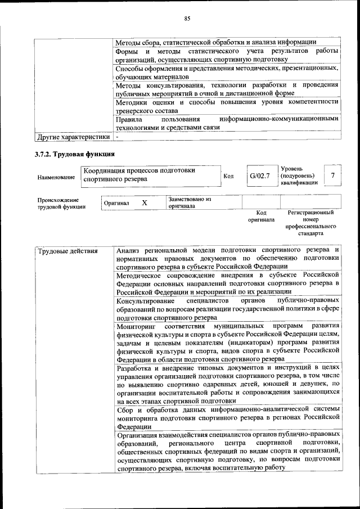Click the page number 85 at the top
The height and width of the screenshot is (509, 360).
pyautogui.click(x=187, y=18)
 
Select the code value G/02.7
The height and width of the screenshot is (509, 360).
pyautogui.click(x=260, y=176)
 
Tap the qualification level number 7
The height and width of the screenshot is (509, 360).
pyautogui.click(x=333, y=176)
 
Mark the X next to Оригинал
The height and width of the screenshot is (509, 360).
pyautogui.click(x=145, y=202)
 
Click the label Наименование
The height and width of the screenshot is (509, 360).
pyautogui.click(x=56, y=177)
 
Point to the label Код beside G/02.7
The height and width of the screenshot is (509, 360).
pyautogui.click(x=228, y=177)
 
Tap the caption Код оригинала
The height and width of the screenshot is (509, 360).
pyautogui.click(x=261, y=216)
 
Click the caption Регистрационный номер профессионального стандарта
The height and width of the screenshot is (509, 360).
pyautogui.click(x=310, y=223)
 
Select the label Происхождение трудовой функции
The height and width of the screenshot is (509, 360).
pyautogui.click(x=61, y=203)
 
